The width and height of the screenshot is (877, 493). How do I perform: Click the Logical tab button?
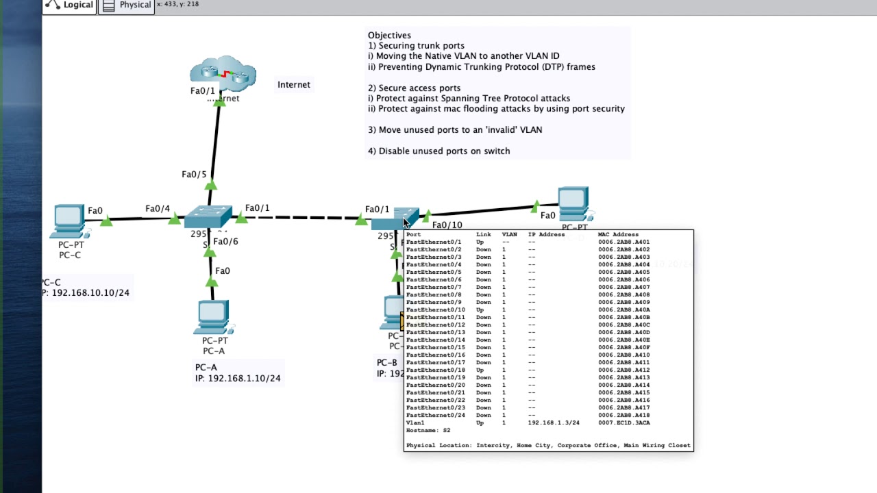(69, 5)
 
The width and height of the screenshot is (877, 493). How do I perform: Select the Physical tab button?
(127, 5)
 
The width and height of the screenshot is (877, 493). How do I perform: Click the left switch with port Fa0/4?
(208, 216)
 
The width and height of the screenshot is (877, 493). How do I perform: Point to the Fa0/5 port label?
(194, 175)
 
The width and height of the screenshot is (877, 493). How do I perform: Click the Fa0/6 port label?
(225, 242)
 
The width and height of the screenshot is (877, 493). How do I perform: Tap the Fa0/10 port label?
(447, 225)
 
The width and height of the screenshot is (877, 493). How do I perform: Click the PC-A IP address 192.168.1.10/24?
(244, 379)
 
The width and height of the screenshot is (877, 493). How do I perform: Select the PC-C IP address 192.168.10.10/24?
(90, 293)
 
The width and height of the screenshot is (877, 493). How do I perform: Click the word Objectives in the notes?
(389, 36)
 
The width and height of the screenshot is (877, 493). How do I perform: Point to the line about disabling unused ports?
(438, 151)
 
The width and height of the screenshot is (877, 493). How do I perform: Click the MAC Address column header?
(618, 235)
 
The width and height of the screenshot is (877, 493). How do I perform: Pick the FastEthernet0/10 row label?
(435, 310)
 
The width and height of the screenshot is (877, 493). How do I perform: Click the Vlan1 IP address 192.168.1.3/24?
(553, 423)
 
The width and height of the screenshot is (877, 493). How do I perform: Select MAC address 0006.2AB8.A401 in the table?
(623, 242)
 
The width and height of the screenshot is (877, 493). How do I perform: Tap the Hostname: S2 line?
(428, 431)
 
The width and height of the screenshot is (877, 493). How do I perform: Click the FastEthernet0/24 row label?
(435, 416)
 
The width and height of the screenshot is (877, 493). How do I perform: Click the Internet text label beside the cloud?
(293, 85)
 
